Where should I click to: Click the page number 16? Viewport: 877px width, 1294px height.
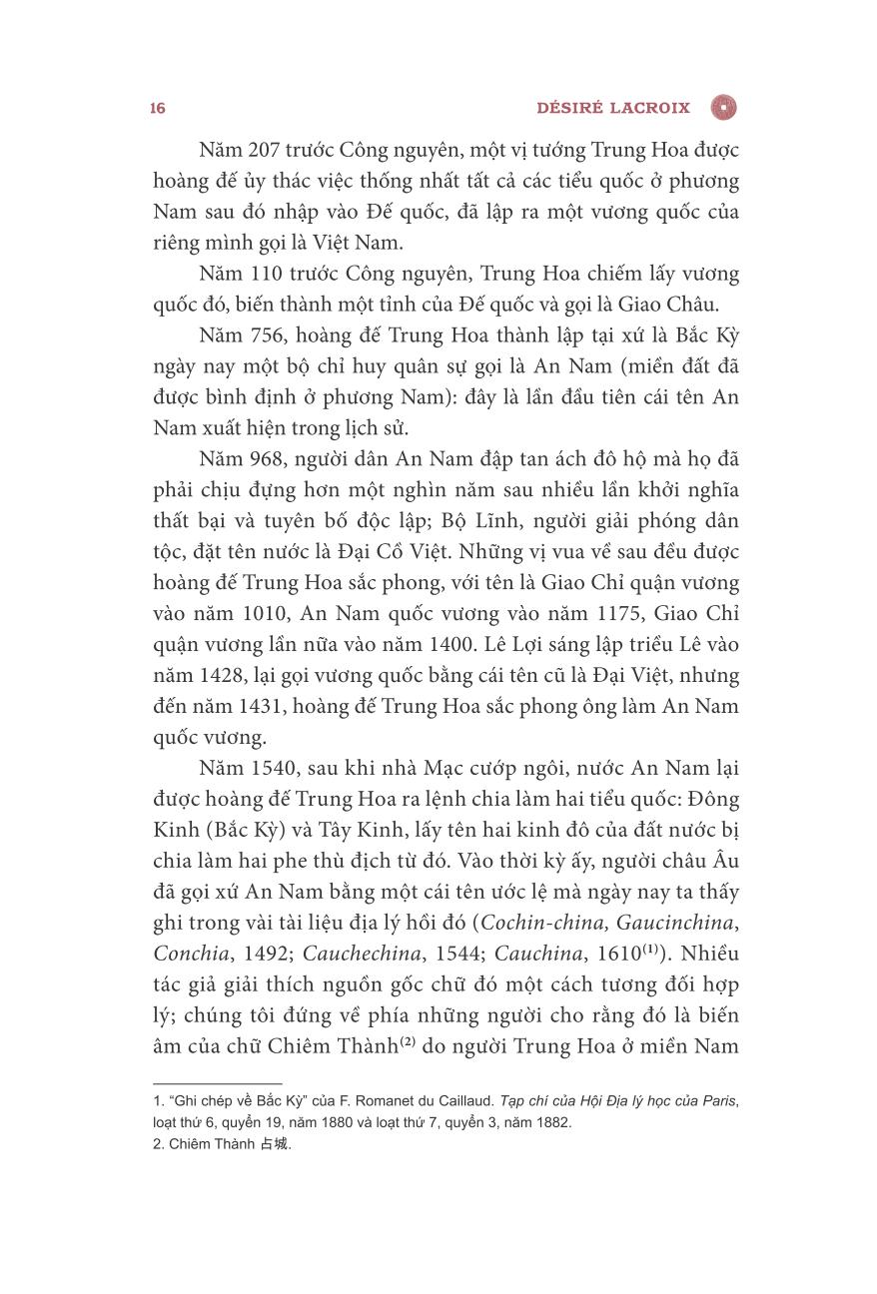(158, 108)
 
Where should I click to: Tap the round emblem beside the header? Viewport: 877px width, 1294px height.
(723, 107)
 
